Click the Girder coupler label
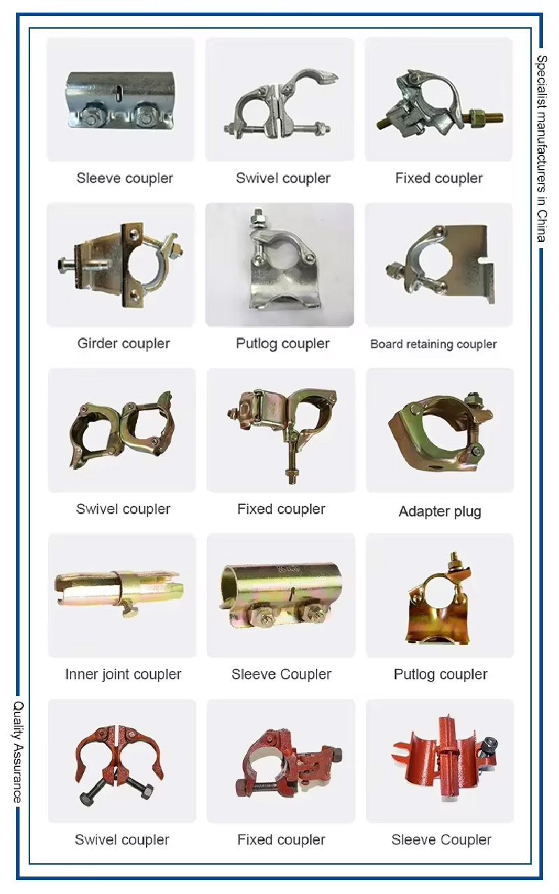[x=124, y=343]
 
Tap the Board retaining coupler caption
[x=433, y=344]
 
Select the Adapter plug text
[x=440, y=511]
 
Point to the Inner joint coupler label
[x=123, y=675]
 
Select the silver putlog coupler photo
[x=279, y=266]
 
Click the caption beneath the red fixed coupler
[x=282, y=839]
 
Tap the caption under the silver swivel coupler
[x=282, y=178]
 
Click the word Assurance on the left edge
[x=19, y=772]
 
